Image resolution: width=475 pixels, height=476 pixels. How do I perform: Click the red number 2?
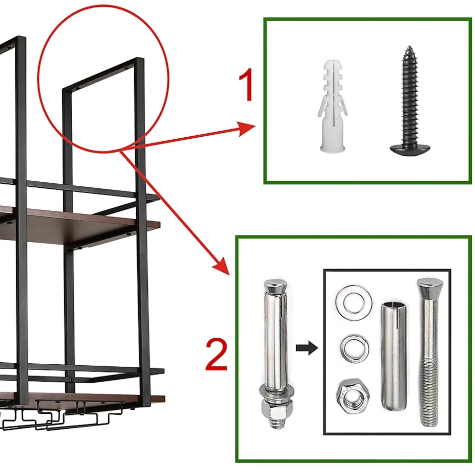coord(216,354)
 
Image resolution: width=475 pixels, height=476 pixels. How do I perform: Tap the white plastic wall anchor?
coord(332,106)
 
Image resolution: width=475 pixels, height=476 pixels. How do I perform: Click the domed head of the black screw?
coord(410,150)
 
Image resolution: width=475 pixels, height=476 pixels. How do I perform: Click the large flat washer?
coord(354,302)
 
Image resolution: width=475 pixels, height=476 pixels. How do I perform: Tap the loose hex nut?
coord(353,396)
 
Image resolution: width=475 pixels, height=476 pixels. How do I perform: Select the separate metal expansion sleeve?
coord(393,356)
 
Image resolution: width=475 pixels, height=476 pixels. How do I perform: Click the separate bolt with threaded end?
coord(429,352)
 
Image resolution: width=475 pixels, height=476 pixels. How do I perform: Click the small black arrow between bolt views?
coord(307,348)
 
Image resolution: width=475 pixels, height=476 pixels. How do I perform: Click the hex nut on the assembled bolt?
coord(277,409)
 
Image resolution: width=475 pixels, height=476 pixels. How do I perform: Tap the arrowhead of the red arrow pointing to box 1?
coord(246,128)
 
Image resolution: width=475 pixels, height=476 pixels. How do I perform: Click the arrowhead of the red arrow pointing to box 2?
coord(222,266)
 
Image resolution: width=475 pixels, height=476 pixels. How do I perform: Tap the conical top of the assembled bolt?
coord(275,286)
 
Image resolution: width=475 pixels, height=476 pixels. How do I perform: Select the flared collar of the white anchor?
coord(332,149)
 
